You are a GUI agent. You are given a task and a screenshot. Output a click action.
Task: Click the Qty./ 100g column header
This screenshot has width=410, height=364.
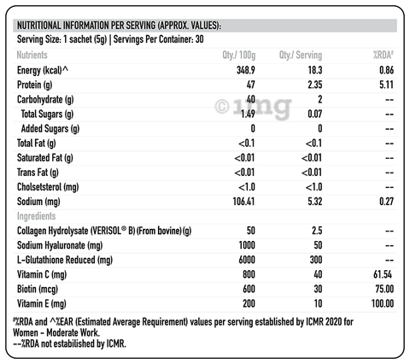[x=239, y=55]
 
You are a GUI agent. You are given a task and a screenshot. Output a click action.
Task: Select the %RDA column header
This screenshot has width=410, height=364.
[x=384, y=55]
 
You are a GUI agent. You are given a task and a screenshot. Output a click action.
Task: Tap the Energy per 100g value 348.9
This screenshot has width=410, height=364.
[x=246, y=70]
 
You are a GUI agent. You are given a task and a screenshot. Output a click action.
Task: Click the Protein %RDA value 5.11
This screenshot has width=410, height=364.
[x=386, y=85]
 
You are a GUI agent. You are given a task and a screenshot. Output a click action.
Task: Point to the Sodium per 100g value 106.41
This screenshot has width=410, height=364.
[x=243, y=202]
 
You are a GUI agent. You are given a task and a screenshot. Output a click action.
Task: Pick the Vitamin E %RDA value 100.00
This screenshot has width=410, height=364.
[x=383, y=303]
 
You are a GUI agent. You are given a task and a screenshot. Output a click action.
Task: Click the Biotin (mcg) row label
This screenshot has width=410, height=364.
[x=38, y=289]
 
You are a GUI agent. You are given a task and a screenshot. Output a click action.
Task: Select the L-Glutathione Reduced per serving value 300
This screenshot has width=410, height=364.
[x=316, y=260]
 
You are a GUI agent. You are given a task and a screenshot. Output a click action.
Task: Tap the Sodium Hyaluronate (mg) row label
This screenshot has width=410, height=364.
[x=60, y=245]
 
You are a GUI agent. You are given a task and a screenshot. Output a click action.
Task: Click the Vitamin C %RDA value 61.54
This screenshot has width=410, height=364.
[x=383, y=274]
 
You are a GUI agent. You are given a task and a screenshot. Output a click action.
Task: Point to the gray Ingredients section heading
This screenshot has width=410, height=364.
[x=36, y=216]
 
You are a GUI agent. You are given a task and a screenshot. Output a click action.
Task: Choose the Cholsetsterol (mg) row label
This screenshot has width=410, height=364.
[x=48, y=187]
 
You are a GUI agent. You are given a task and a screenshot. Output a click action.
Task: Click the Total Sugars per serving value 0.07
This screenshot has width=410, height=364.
[x=315, y=114]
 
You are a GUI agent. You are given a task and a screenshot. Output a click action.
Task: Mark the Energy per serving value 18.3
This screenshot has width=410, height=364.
[x=315, y=70]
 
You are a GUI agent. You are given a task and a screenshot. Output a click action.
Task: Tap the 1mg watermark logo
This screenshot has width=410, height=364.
[x=253, y=107]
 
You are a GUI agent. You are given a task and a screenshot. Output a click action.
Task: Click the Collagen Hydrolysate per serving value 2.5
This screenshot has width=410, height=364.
[x=317, y=231]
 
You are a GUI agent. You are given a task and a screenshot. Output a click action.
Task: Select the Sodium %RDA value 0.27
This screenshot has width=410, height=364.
[x=386, y=202]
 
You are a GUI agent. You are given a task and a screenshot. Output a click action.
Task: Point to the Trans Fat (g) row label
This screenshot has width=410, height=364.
[x=38, y=173]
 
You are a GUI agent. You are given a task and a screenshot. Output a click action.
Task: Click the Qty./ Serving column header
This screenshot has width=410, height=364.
[x=301, y=55]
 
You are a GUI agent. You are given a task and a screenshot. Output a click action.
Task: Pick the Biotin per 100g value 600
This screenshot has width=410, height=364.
[x=249, y=289]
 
